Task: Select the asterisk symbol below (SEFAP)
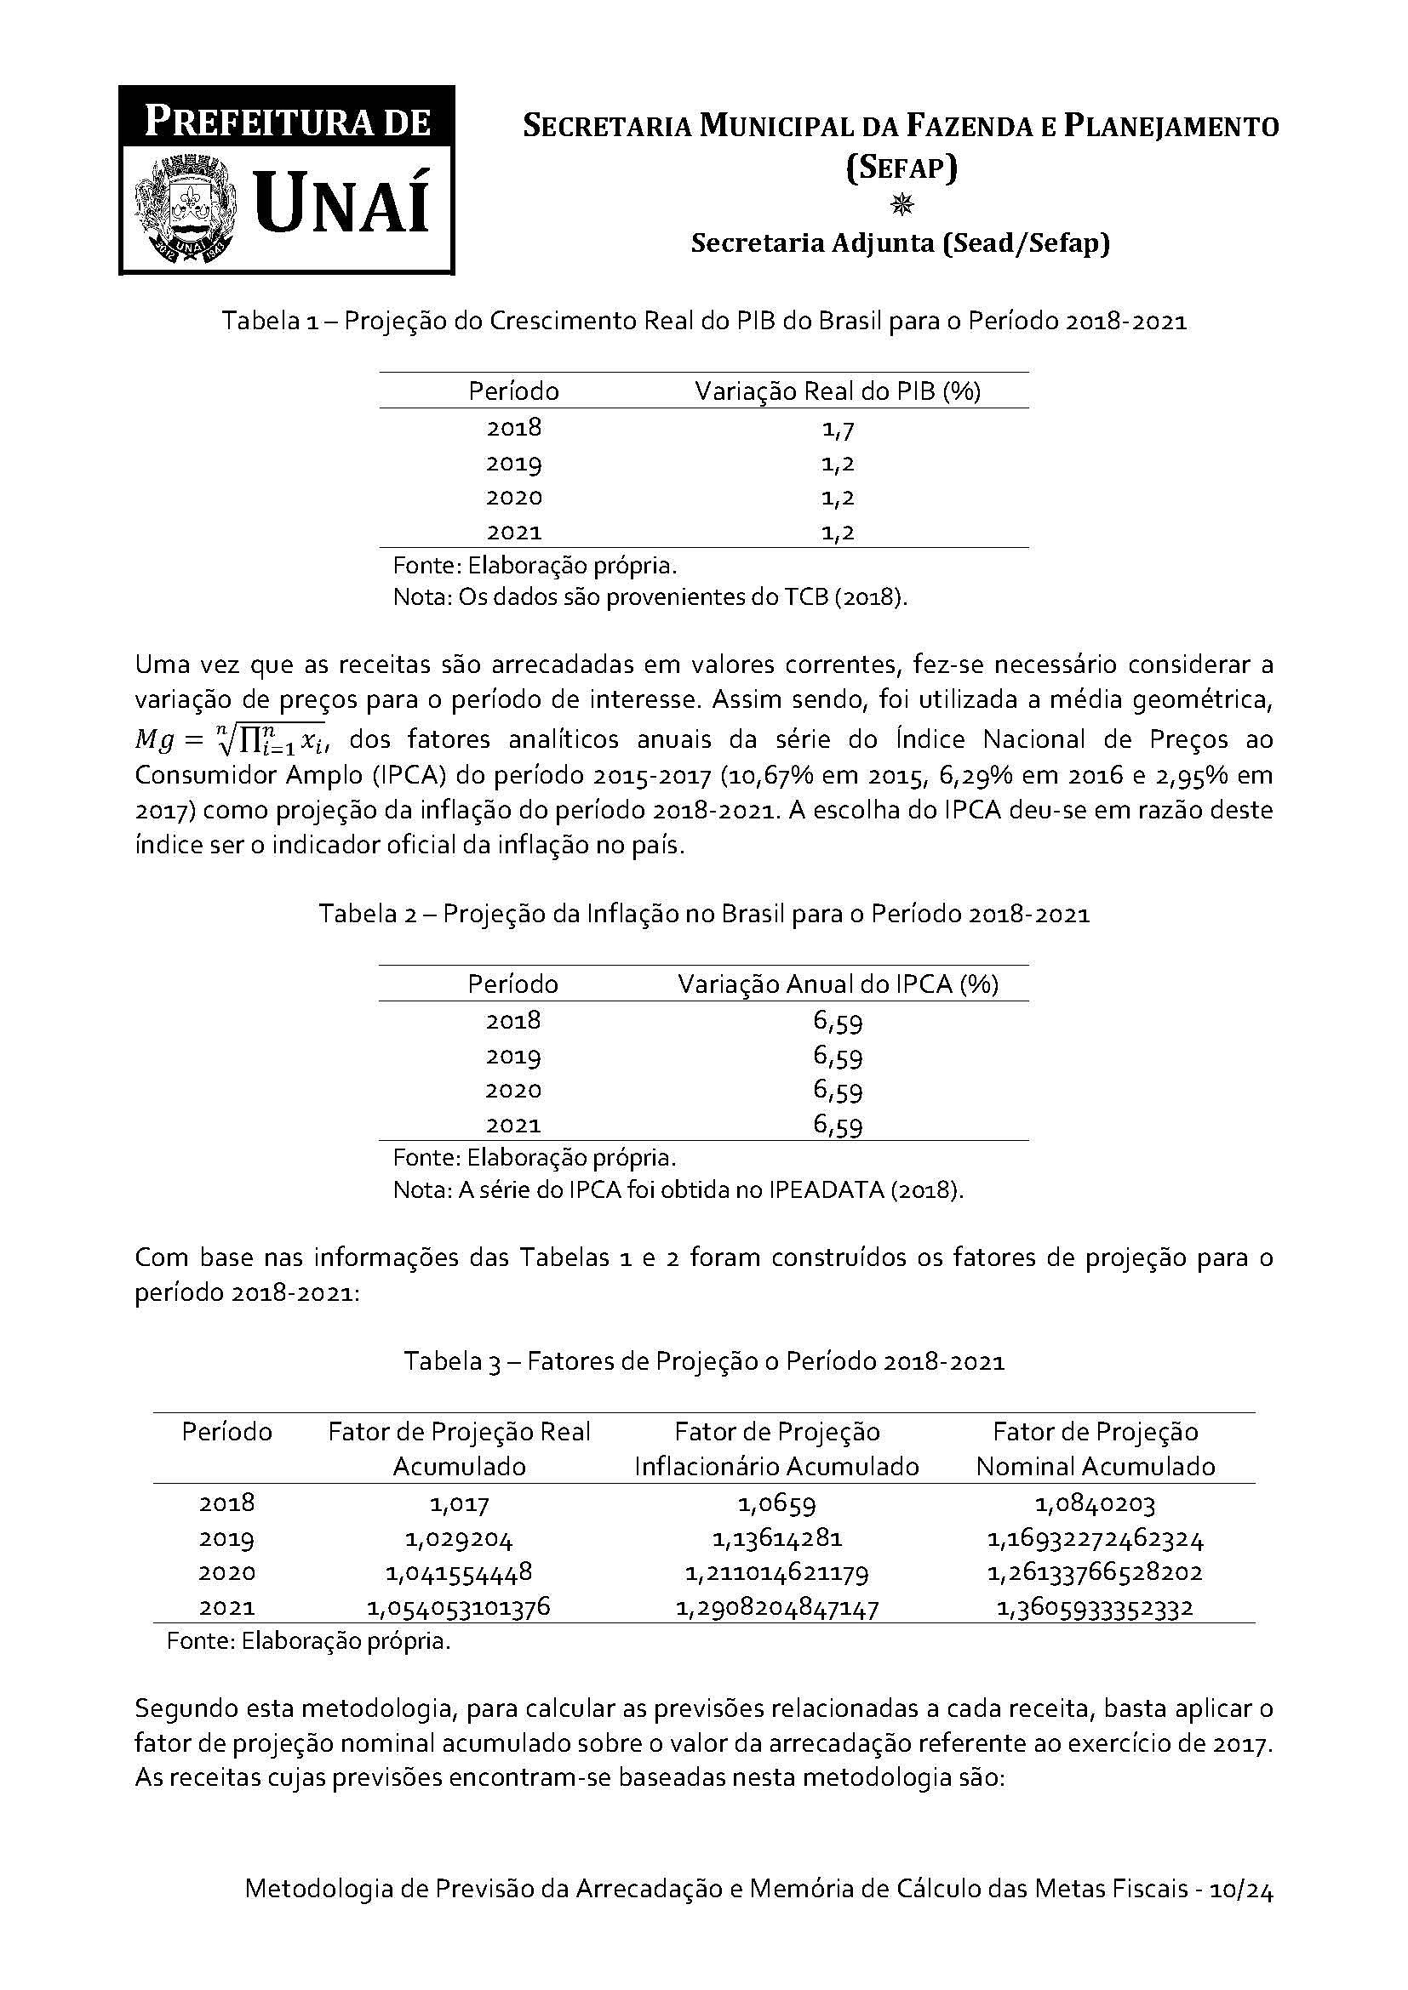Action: [x=901, y=205]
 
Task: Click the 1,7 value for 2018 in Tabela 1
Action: [x=838, y=428]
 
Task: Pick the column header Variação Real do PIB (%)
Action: [x=837, y=391]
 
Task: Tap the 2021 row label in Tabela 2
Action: [x=513, y=1125]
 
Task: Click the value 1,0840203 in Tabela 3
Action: [x=1095, y=1503]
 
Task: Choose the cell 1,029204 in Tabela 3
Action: [x=459, y=1539]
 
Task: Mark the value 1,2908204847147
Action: [x=777, y=1609]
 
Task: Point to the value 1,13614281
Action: [x=777, y=1539]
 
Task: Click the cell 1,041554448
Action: [x=459, y=1573]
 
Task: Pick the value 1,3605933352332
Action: [x=1095, y=1609]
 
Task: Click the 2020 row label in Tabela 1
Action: [x=513, y=498]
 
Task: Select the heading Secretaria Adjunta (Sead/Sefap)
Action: [x=900, y=244]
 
